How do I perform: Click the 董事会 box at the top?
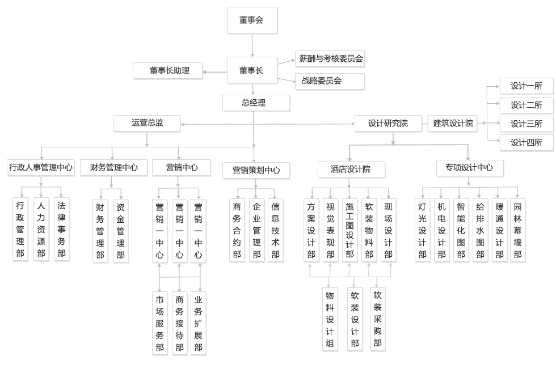click(x=252, y=20)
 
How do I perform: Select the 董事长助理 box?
click(x=169, y=71)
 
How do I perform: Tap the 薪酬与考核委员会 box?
click(x=330, y=58)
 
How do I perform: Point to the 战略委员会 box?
click(x=330, y=81)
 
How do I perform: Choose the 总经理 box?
click(x=253, y=103)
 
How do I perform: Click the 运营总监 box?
click(x=147, y=122)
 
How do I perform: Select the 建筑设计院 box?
click(x=453, y=123)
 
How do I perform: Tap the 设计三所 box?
click(x=526, y=124)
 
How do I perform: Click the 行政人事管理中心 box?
click(x=41, y=167)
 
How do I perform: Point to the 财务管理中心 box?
click(x=113, y=167)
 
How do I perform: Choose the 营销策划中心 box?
click(x=256, y=170)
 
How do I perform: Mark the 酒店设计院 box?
click(x=351, y=169)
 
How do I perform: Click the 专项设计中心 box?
click(x=469, y=168)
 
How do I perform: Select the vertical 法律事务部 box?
click(x=61, y=229)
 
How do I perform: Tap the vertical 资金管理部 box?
click(x=120, y=230)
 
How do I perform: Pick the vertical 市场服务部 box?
click(x=160, y=323)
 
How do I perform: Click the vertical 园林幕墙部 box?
click(x=517, y=230)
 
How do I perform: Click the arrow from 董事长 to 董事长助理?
click(x=215, y=71)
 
